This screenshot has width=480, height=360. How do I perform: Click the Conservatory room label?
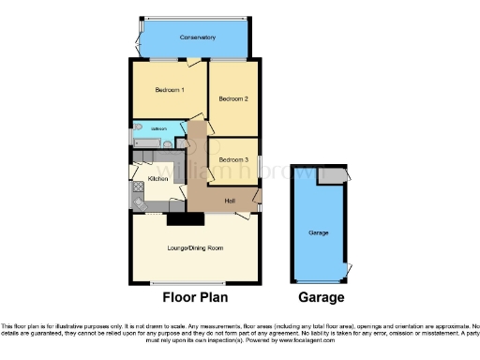click(194, 37)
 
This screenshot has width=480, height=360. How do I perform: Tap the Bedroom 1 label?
click(170, 89)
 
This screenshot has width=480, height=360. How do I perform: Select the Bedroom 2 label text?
click(232, 98)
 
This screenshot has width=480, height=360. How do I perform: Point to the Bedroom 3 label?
click(233, 159)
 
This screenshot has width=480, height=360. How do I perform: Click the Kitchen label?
click(157, 178)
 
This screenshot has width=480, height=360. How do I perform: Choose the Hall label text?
click(228, 200)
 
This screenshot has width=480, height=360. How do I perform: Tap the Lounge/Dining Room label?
click(194, 247)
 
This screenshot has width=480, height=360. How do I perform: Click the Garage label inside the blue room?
click(319, 232)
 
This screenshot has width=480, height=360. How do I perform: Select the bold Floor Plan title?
click(194, 298)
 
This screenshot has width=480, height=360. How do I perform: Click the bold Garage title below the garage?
click(321, 298)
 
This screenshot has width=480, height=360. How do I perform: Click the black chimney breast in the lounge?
click(185, 219)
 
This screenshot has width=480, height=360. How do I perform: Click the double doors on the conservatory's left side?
click(137, 38)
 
